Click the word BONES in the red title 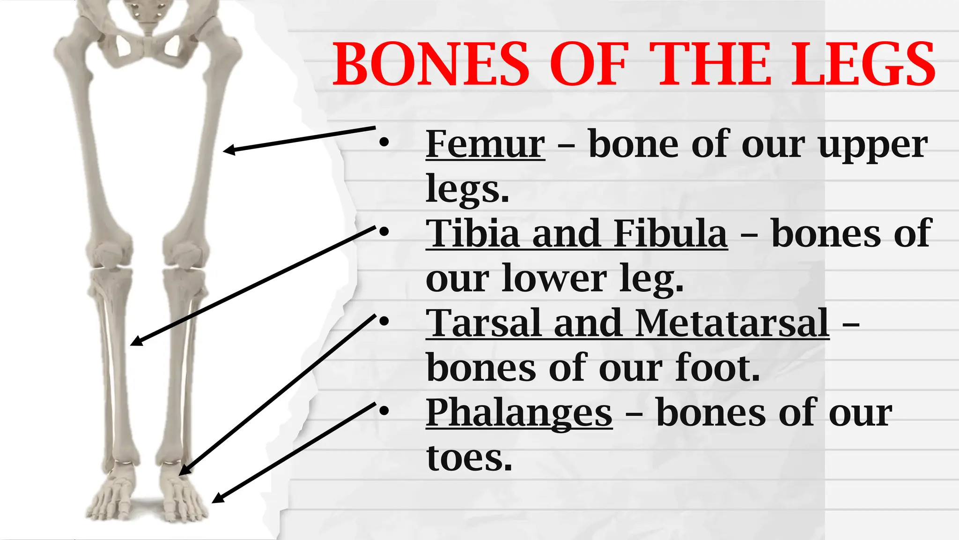click(431, 64)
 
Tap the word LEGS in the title click(863, 64)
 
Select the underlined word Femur click(485, 144)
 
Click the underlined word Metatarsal click(732, 323)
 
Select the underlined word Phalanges click(519, 412)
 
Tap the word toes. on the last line click(469, 457)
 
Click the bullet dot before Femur click(384, 143)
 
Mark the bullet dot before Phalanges click(384, 412)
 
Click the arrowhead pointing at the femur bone click(228, 150)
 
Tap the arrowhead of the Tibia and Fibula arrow click(135, 342)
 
